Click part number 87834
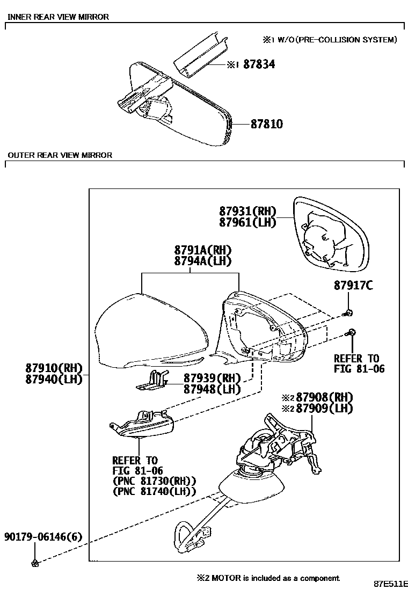click(x=259, y=64)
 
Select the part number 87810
click(x=267, y=125)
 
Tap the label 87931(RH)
click(x=247, y=211)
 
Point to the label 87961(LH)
click(x=247, y=222)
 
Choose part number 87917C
click(x=353, y=286)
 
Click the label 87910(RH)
click(x=53, y=368)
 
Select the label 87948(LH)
click(x=212, y=389)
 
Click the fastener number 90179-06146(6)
click(x=43, y=537)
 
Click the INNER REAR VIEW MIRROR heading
click(x=58, y=17)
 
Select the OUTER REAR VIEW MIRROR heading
click(x=60, y=156)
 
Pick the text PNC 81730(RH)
click(x=154, y=480)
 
